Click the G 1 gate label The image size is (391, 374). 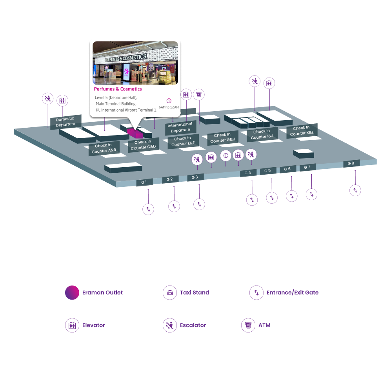(x=144, y=182)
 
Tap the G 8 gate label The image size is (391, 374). (x=351, y=163)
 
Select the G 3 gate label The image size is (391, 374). (x=195, y=177)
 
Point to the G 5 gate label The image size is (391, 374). (x=267, y=171)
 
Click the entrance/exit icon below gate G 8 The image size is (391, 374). (x=355, y=190)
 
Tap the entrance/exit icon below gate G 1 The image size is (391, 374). (x=148, y=209)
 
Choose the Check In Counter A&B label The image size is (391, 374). (x=104, y=148)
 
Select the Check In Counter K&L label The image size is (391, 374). (x=302, y=131)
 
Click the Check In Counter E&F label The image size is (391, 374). (x=183, y=141)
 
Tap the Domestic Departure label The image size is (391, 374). (x=65, y=121)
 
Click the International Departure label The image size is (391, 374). (x=180, y=127)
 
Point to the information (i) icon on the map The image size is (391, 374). (x=226, y=155)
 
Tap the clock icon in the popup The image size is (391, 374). (x=169, y=101)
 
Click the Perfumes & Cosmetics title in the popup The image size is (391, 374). (x=118, y=89)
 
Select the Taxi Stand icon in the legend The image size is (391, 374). (x=170, y=293)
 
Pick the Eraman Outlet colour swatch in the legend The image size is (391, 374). (x=72, y=293)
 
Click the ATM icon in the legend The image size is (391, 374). (x=248, y=325)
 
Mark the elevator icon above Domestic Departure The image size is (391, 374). (x=62, y=101)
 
